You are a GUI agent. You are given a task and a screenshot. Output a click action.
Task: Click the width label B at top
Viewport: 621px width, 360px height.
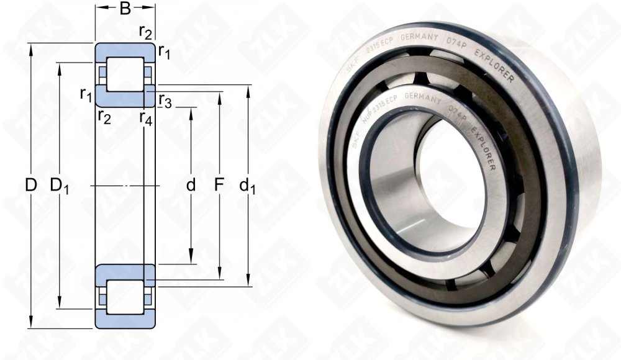125,9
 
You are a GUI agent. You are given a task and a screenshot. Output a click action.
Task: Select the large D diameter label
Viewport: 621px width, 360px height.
30,185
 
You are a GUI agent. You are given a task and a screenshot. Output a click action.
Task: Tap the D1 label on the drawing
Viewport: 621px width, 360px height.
60,185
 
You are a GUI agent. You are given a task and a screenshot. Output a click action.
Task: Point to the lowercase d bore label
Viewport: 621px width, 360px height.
191,185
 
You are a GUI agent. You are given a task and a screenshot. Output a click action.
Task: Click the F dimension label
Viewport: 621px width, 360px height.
219,185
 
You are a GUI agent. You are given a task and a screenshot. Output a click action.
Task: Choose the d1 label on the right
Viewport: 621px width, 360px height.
248,186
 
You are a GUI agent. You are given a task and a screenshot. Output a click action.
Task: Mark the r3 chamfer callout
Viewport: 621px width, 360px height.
165,99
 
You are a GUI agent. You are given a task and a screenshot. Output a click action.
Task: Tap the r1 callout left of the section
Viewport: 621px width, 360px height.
86,94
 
